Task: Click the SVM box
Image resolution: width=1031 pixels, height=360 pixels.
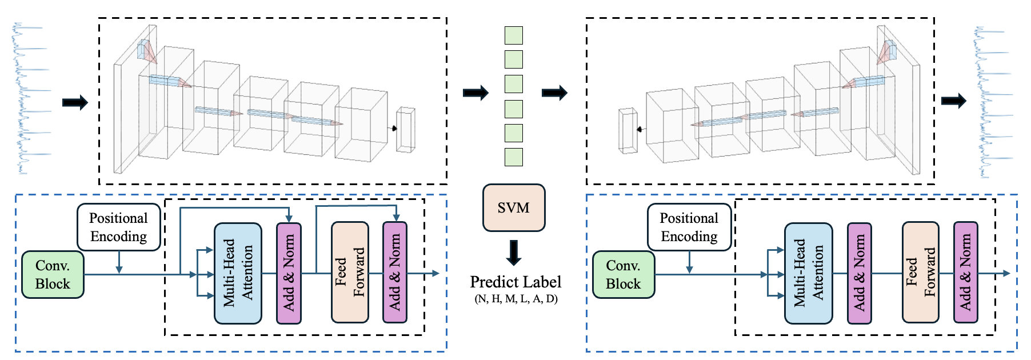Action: pos(513,207)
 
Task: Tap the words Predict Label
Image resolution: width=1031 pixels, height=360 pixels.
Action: pos(515,282)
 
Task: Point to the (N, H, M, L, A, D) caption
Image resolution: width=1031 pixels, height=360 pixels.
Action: pos(515,298)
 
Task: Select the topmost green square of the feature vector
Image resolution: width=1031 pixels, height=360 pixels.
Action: pos(513,35)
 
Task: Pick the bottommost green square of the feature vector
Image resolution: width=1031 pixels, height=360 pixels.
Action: pos(513,157)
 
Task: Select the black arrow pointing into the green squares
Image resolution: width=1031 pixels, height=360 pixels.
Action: pos(475,92)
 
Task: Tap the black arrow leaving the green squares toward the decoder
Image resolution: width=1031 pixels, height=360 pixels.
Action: pos(554,92)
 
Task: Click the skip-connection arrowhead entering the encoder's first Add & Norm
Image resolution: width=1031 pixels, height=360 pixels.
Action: pos(289,219)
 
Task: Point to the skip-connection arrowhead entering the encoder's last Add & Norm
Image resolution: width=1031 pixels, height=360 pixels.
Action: pos(396,218)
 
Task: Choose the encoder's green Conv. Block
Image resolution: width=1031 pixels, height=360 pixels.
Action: pos(53,275)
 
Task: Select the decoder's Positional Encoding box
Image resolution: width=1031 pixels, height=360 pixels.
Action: pos(689,227)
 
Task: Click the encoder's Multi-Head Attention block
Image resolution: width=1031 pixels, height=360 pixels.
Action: pos(238,273)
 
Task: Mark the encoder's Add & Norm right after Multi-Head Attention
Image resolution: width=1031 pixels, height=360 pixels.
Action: pos(289,273)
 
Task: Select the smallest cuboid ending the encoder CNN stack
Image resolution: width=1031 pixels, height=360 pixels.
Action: pos(405,130)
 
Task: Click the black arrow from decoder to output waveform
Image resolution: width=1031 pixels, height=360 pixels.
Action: pos(953,101)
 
